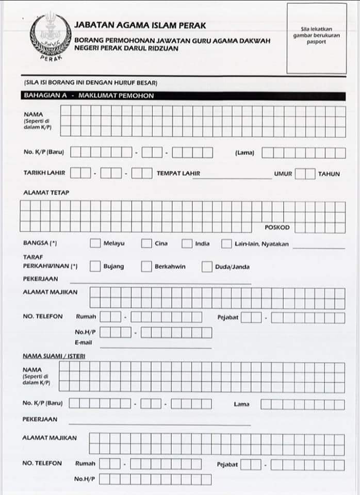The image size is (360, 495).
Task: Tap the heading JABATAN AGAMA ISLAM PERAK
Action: (140, 25)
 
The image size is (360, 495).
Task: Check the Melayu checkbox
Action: (95, 243)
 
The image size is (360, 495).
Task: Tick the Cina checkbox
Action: (146, 243)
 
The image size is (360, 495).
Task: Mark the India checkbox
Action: (187, 243)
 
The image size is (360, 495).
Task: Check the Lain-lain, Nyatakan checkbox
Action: (226, 243)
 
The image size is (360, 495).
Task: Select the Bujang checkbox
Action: (95, 267)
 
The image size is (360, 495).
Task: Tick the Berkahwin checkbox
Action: (146, 267)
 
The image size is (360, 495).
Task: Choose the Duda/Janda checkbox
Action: (207, 267)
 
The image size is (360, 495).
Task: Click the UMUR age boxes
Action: (305, 174)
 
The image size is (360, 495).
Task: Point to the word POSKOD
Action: (277, 227)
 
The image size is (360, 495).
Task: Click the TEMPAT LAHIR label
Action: (178, 174)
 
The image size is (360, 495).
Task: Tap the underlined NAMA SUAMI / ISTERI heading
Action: (54, 356)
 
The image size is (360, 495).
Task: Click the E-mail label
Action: (84, 342)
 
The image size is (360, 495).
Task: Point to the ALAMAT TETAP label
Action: (46, 192)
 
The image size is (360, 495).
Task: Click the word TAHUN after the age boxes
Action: (329, 174)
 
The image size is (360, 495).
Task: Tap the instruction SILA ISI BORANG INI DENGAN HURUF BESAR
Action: (90, 83)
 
